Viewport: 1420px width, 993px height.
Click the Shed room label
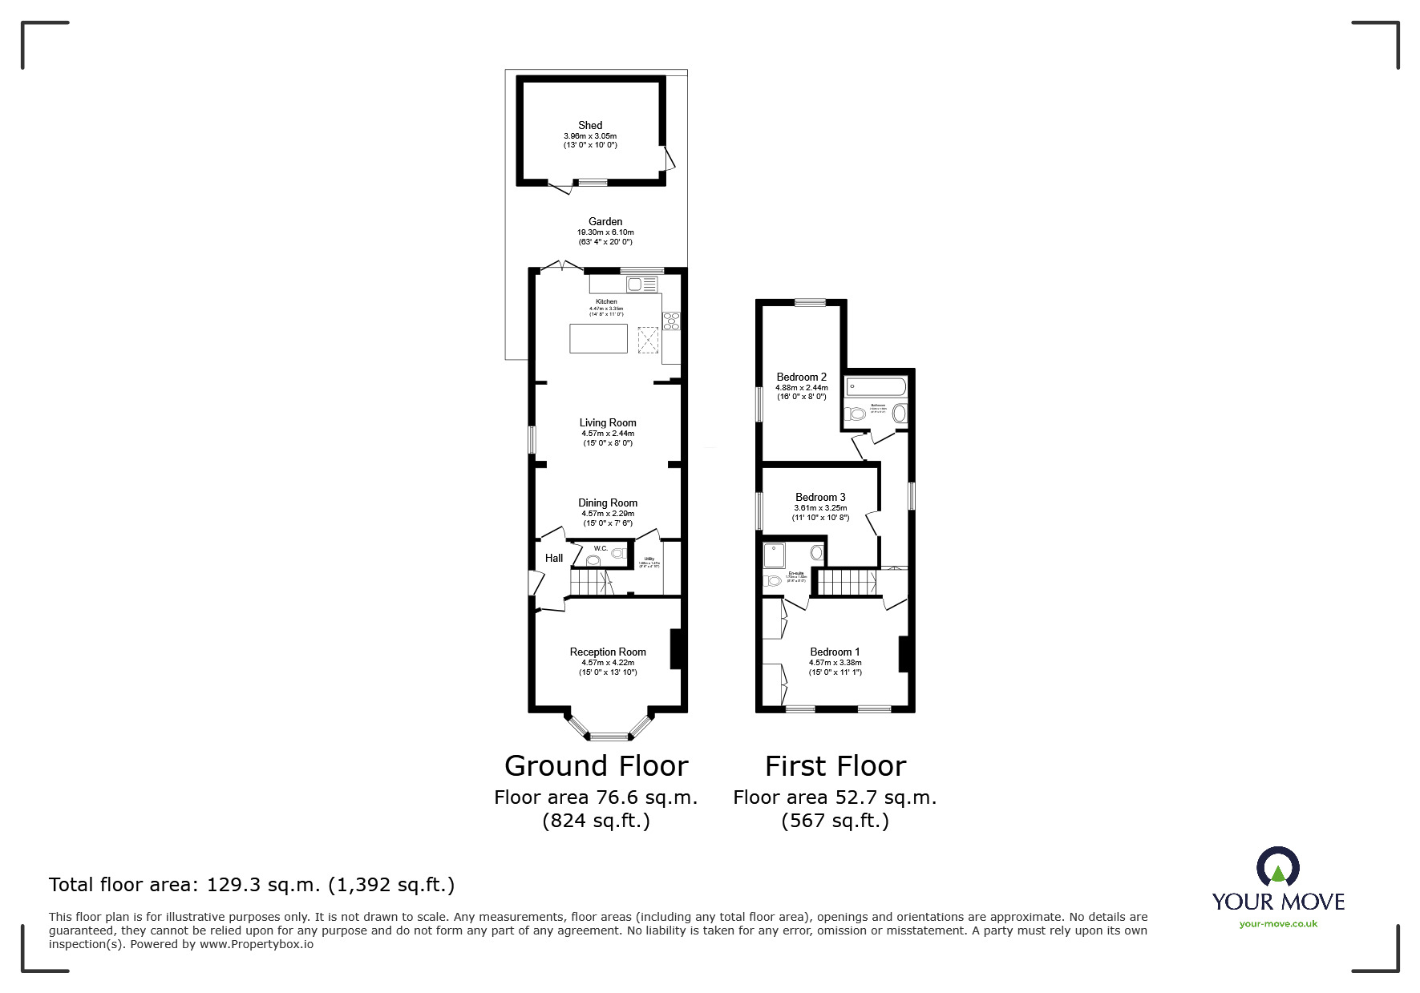click(x=590, y=126)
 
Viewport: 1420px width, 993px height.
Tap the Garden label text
click(x=605, y=222)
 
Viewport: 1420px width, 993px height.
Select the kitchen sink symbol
click(x=641, y=285)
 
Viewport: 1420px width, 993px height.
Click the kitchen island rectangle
click(x=598, y=338)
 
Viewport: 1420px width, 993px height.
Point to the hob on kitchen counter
click(x=671, y=321)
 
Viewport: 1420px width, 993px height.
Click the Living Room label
click(x=608, y=423)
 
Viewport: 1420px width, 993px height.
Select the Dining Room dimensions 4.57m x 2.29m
click(x=608, y=514)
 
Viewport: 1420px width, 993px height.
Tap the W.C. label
click(x=600, y=549)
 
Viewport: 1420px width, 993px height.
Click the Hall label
click(x=554, y=559)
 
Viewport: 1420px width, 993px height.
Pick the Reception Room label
click(x=608, y=652)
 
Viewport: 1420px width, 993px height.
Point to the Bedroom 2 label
click(x=801, y=377)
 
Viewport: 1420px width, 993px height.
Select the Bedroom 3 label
click(x=820, y=498)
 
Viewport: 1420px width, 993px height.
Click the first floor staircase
click(x=848, y=582)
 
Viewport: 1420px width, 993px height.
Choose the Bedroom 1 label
click(x=835, y=652)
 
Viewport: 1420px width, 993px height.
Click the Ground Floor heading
click(x=596, y=766)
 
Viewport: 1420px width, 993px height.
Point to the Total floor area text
click(x=252, y=885)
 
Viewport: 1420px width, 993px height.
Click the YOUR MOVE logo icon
click(x=1277, y=868)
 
